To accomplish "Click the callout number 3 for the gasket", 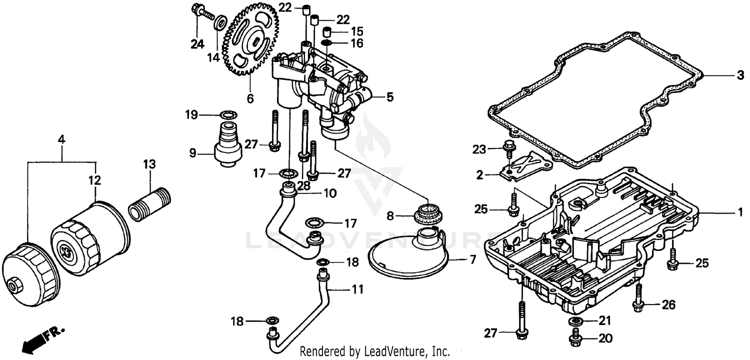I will (x=739, y=76).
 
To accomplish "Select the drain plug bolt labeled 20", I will (x=575, y=339).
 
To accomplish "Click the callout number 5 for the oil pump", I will (x=389, y=97).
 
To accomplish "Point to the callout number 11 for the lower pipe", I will (x=357, y=289).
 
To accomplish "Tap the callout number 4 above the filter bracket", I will (x=61, y=140).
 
